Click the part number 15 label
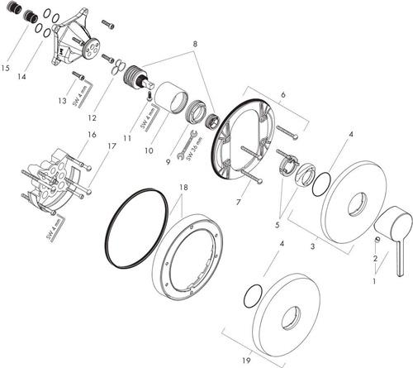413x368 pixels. point(5,68)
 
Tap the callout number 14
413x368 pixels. point(21,77)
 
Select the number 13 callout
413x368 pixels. point(62,101)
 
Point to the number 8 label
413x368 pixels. point(195,44)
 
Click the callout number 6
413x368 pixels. point(283,95)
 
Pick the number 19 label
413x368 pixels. point(247,360)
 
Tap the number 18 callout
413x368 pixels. point(183,188)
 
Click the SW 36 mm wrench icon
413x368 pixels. point(187,145)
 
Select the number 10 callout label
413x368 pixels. point(149,151)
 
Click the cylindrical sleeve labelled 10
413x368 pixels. point(171,98)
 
